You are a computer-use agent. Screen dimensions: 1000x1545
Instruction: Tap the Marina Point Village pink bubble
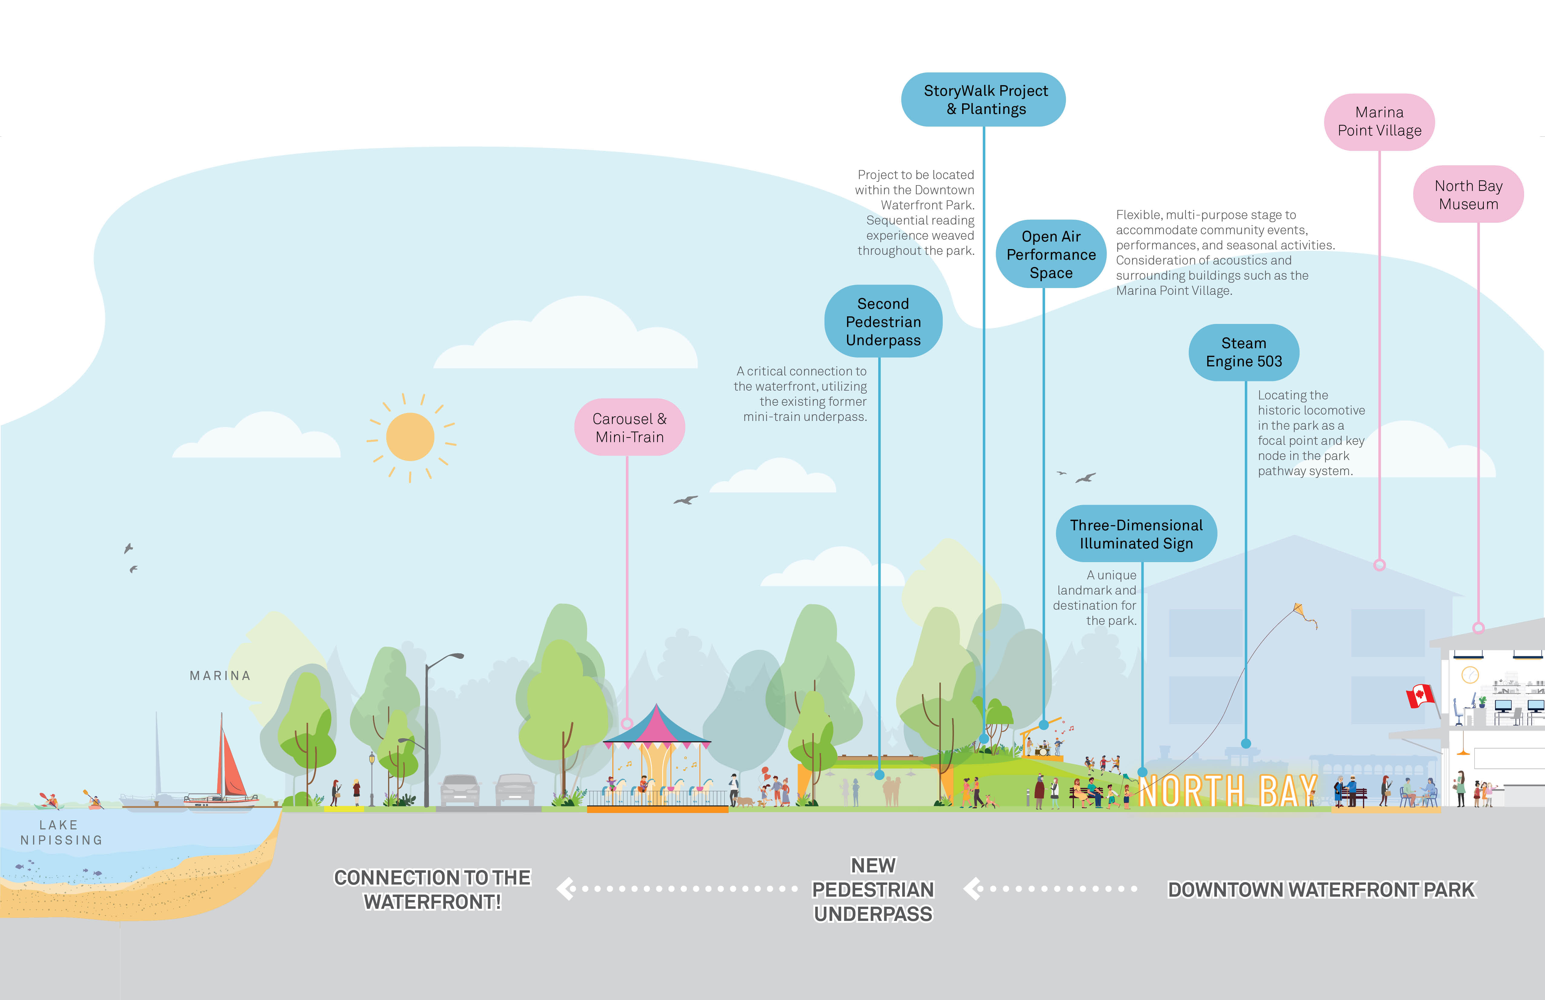point(1379,122)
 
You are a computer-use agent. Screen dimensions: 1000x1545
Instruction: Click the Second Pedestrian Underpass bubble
point(883,322)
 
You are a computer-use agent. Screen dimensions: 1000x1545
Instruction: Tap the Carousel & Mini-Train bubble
point(629,427)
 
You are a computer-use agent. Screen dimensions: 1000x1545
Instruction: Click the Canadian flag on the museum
point(1420,696)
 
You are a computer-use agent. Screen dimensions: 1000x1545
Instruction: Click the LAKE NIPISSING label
point(60,832)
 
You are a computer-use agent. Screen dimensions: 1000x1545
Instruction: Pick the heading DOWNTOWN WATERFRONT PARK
point(1321,890)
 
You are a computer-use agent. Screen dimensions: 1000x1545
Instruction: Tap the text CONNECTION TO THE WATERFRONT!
point(432,890)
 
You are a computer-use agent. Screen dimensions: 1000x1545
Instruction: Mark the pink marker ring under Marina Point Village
point(1380,565)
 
